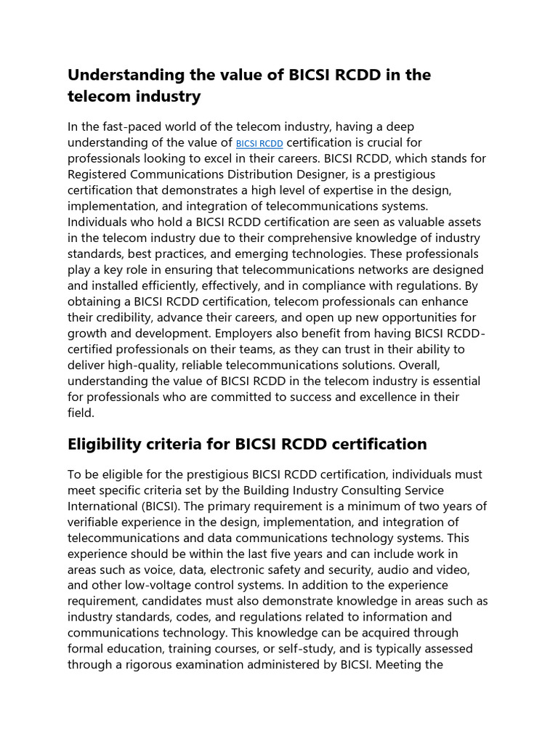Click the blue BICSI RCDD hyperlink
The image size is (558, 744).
(x=259, y=144)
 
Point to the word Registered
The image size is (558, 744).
(x=97, y=174)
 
